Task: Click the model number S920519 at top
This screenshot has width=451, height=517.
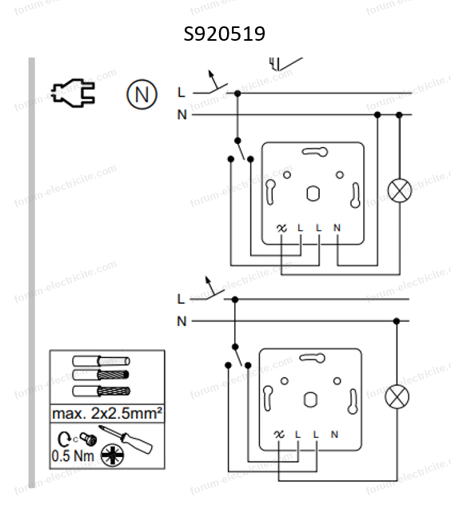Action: point(225,34)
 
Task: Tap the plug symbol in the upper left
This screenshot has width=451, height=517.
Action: point(74,93)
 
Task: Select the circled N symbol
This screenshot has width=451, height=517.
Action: point(142,94)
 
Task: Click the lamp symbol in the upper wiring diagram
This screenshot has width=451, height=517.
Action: point(400,190)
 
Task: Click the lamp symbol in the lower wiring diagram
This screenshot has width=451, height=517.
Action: point(397,396)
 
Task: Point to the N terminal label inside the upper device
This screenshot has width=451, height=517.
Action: point(337,228)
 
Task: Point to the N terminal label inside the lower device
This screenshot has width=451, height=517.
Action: point(334,434)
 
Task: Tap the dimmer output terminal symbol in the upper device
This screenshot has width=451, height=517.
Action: point(281,228)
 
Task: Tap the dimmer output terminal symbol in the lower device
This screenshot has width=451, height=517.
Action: point(279,434)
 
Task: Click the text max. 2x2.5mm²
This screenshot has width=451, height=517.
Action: point(107,413)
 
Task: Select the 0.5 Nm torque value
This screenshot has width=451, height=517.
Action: point(73,456)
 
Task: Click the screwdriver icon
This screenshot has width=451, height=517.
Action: point(126,439)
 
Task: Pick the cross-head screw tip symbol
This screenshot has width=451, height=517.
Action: point(112,455)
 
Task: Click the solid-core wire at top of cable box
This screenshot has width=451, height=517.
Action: point(101,361)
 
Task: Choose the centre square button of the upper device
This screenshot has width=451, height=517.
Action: point(313,193)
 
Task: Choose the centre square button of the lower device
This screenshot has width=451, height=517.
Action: point(310,400)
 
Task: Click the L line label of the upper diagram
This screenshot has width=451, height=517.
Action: point(182,93)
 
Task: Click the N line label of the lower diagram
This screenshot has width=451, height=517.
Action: point(182,321)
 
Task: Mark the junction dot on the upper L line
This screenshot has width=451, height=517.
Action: point(237,93)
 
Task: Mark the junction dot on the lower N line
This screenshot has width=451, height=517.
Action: point(397,320)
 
